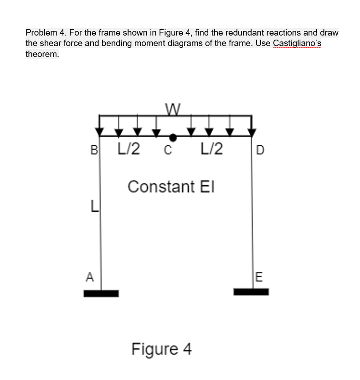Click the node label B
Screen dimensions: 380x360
click(94, 149)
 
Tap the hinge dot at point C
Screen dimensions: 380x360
click(173, 137)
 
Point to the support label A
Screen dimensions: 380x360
click(90, 276)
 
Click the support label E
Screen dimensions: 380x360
click(257, 277)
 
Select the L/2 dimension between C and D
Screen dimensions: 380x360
click(211, 149)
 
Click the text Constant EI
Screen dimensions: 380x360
click(172, 187)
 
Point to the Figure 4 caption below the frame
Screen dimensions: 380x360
click(161, 349)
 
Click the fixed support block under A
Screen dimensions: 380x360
click(101, 293)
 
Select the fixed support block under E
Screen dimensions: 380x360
click(251, 292)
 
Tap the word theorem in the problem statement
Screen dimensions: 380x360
click(42, 54)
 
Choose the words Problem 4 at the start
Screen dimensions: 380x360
click(45, 33)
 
